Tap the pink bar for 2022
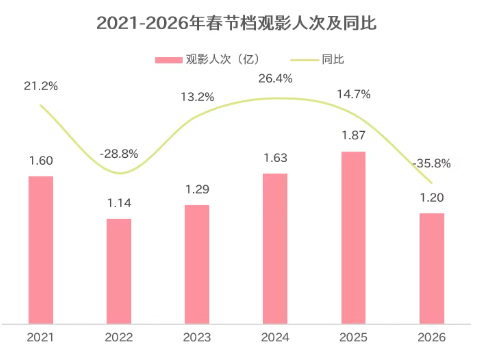[119, 270]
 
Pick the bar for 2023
[197, 263]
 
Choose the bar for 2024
[275, 247]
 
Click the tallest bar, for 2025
[353, 236]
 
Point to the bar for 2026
[431, 267]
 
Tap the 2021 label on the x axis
[41, 337]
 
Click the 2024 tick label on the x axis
[275, 337]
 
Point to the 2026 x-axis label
[431, 337]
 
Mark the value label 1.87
[353, 136]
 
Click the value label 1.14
[119, 203]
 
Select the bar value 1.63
[275, 158]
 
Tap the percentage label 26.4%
[275, 77]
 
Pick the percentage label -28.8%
[119, 154]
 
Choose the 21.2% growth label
[41, 87]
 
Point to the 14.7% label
[353, 94]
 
